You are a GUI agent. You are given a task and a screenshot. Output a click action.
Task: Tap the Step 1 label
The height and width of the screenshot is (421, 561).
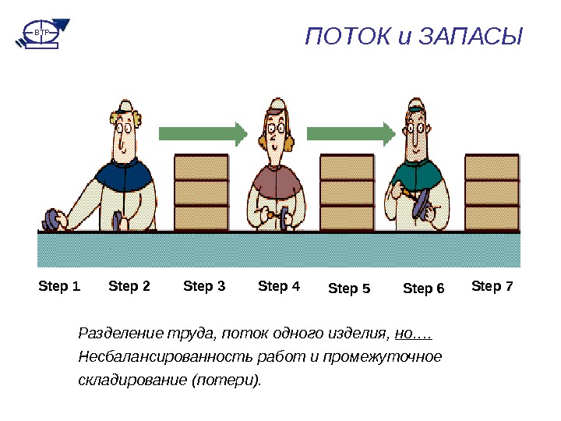(59, 287)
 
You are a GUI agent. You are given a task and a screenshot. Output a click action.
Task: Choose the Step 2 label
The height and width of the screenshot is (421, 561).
(129, 287)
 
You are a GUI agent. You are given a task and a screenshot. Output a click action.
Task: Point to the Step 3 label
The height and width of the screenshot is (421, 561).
(204, 287)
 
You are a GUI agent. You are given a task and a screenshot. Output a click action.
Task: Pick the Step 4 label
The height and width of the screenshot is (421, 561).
(279, 287)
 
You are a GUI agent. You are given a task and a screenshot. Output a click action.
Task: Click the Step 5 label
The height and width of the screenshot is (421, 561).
(349, 289)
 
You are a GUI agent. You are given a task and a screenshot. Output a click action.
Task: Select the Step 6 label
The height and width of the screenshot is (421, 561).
(423, 289)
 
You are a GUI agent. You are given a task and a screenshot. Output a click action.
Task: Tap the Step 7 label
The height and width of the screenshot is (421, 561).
(492, 287)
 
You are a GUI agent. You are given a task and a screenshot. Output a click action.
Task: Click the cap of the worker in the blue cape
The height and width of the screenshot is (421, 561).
(125, 107)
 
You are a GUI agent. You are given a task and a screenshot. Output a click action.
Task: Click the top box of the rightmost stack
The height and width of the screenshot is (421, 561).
(492, 167)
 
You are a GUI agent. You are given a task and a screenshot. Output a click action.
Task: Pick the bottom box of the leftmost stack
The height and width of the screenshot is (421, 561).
(201, 218)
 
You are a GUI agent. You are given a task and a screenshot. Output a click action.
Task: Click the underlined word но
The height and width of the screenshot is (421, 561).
(413, 334)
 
